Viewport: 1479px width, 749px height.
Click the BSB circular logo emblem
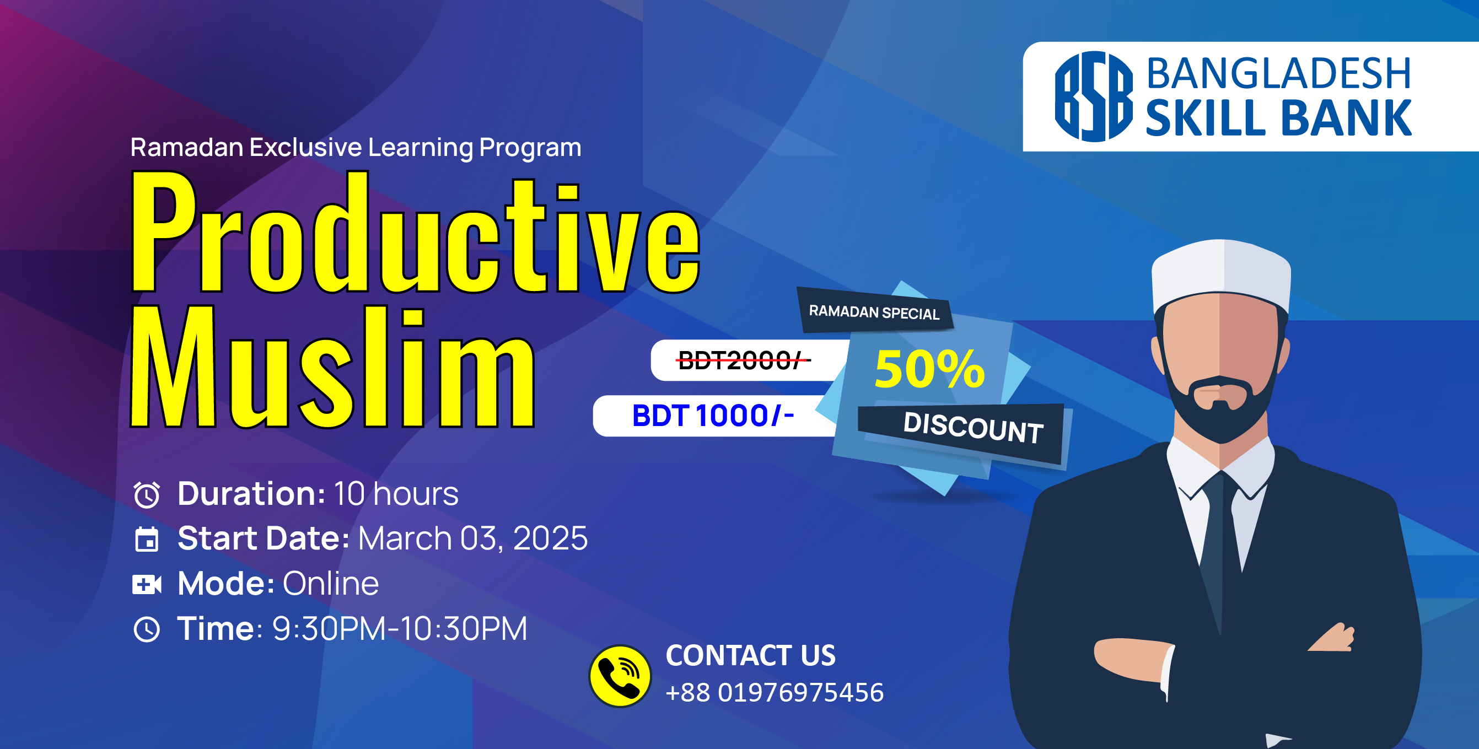(1094, 96)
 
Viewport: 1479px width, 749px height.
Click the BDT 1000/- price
(713, 416)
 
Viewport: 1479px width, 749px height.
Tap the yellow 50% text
(929, 369)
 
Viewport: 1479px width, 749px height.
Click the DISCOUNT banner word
(973, 428)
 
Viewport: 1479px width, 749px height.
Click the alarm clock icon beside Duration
(147, 495)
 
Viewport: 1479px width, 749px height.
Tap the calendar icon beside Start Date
(147, 539)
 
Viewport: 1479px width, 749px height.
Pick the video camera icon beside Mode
(147, 584)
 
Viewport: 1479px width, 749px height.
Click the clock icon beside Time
(147, 629)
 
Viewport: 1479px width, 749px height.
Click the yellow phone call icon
(620, 676)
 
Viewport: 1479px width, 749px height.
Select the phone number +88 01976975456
(775, 692)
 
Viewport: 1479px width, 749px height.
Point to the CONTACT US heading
(750, 655)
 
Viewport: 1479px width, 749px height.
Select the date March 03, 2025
(473, 538)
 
